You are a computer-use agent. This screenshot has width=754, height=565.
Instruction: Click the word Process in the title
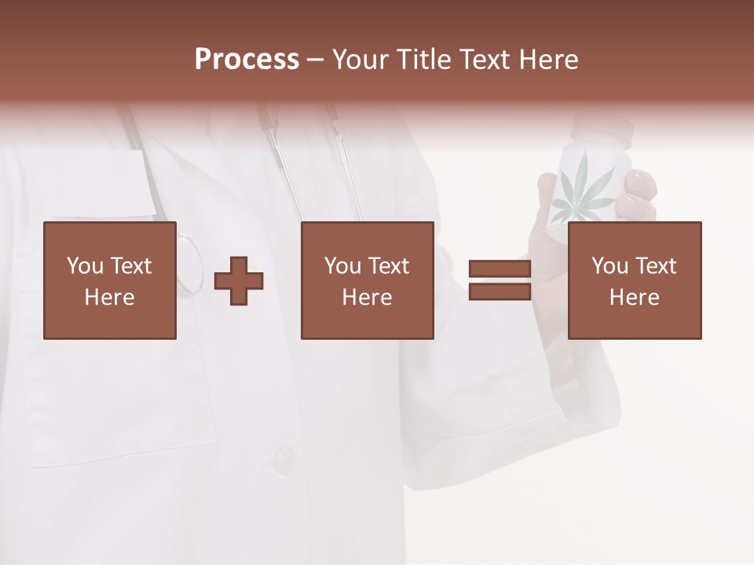(247, 60)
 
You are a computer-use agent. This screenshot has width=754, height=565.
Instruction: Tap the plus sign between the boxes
(239, 281)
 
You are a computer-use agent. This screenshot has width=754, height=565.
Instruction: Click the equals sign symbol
(500, 280)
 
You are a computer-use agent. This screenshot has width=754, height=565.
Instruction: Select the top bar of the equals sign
(500, 269)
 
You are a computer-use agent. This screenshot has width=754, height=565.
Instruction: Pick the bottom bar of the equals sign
(500, 292)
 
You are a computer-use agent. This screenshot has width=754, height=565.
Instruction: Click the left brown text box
(110, 280)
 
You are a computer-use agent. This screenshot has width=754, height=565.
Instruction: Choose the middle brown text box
(367, 280)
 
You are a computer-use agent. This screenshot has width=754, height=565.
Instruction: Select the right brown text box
(634, 280)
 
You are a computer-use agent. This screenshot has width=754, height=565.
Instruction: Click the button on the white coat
(284, 457)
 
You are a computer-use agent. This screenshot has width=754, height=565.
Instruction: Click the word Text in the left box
(130, 266)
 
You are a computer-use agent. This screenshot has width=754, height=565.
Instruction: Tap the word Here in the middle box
(367, 297)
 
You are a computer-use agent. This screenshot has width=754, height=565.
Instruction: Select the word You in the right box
(609, 266)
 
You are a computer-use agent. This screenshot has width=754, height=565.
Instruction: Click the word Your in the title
(361, 60)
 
